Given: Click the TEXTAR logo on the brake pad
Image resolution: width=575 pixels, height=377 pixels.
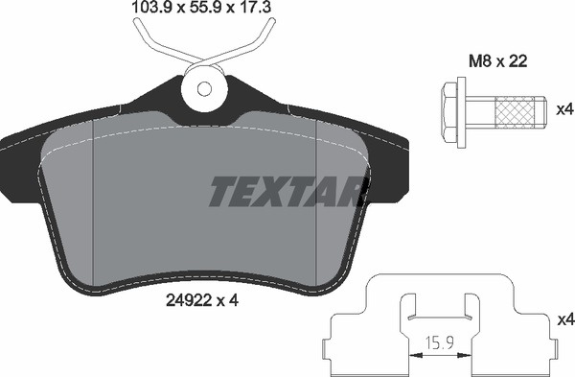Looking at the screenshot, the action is click(x=288, y=191).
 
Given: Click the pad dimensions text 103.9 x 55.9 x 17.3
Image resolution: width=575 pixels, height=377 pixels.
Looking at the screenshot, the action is click(x=201, y=7).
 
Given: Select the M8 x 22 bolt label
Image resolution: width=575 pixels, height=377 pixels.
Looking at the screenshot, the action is click(x=498, y=61).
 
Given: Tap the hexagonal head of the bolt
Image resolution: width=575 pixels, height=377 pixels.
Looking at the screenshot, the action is click(x=449, y=112).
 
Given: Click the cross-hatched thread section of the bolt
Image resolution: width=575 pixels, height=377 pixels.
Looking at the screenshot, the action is click(x=515, y=112).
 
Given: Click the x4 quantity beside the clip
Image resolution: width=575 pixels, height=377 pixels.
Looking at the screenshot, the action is click(x=565, y=320).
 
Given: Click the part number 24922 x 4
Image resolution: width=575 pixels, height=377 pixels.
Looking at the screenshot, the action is click(x=202, y=301).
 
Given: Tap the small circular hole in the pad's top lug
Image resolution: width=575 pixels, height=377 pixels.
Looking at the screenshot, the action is click(x=204, y=88).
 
